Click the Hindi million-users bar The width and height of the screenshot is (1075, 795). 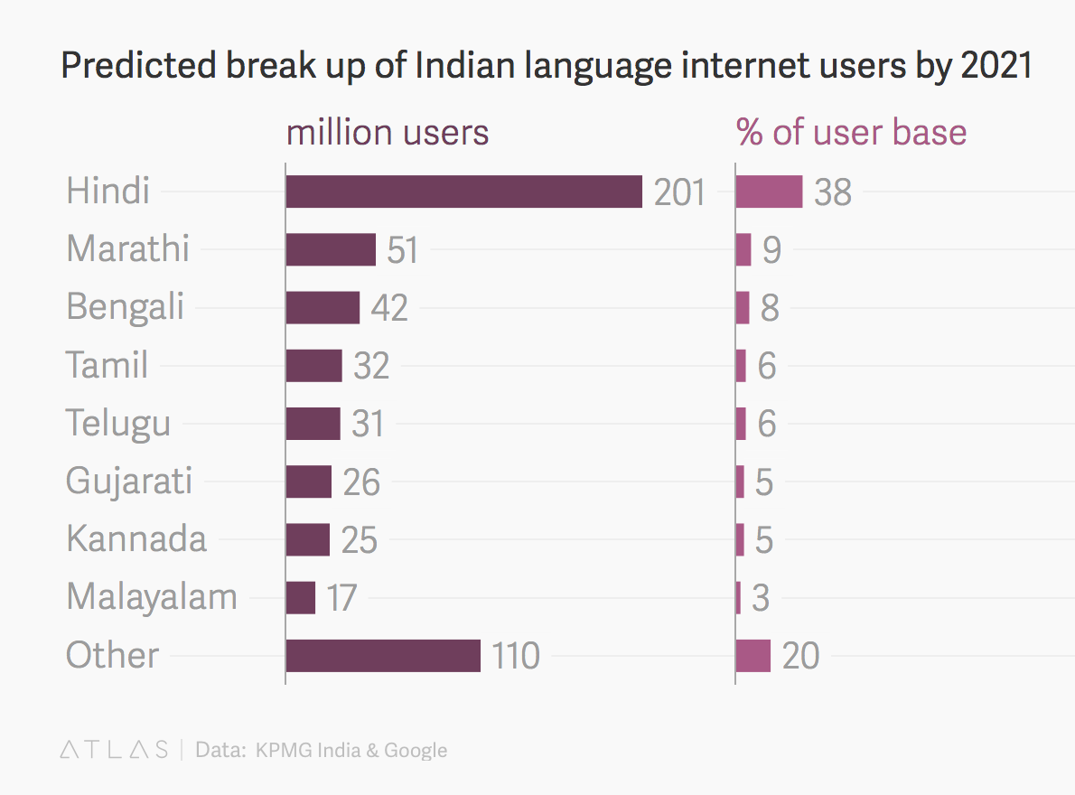463,192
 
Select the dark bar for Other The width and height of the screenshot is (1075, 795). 383,655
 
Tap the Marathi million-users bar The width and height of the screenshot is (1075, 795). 331,249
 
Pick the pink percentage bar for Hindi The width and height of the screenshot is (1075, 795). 769,192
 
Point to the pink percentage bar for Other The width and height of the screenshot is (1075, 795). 753,655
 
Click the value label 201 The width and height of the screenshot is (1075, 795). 679,192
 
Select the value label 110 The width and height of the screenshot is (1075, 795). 516,656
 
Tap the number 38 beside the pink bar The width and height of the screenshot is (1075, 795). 833,192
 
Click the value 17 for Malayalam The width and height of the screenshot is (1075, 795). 342,598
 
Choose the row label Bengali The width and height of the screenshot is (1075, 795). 125,307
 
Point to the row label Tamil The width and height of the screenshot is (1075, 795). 107,365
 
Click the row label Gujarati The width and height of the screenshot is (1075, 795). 129,481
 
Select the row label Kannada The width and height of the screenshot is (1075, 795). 136,539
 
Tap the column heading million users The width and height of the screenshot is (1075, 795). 388,133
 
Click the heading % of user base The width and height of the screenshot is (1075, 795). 852,133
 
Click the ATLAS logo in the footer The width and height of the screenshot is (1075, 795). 114,750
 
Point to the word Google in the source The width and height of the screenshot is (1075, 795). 416,750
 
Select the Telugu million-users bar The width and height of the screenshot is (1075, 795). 313,423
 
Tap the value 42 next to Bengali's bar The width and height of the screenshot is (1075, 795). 389,308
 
